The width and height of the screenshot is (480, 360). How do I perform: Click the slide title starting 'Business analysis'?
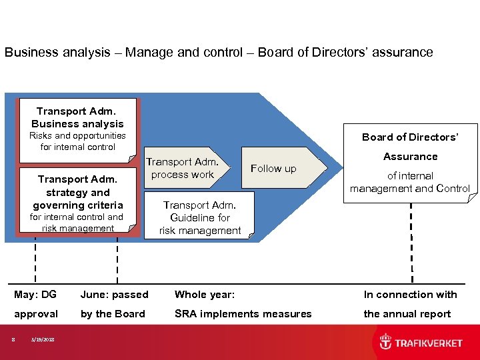[219, 52]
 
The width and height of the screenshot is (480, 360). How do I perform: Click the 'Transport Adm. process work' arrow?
[186, 169]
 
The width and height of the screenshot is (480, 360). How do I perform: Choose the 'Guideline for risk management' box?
[200, 217]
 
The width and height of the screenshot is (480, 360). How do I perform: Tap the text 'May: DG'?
[35, 294]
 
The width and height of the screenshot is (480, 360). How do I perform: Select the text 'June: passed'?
[114, 294]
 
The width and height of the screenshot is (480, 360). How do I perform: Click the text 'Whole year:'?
[204, 294]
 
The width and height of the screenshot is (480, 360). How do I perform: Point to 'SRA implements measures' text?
[243, 313]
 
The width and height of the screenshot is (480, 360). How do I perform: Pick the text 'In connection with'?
[410, 294]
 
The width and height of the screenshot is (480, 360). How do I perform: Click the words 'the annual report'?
[407, 313]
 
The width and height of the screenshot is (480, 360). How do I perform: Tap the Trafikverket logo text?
[429, 343]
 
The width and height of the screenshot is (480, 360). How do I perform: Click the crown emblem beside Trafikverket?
[385, 342]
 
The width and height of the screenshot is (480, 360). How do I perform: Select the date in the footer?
[42, 340]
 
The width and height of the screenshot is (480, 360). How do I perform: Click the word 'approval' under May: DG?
[36, 313]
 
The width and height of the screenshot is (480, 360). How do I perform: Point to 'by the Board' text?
[113, 313]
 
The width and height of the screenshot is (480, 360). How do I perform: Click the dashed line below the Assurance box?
[411, 240]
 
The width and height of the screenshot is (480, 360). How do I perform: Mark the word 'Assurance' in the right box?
[410, 157]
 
